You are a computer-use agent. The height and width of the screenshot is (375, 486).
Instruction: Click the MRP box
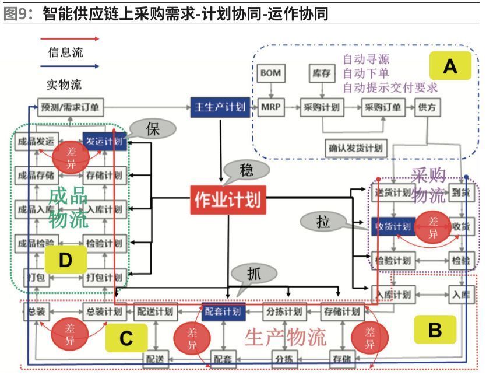[270, 107]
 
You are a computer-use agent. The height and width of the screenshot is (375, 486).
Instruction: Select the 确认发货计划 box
[355, 148]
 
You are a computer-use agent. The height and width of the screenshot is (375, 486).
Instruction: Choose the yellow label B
[435, 331]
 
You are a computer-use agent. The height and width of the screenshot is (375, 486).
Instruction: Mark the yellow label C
[127, 338]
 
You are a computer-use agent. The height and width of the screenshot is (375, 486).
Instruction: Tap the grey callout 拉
[323, 221]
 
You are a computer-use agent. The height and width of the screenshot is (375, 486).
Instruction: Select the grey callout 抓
[253, 273]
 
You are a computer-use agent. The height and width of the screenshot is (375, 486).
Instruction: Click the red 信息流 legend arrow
[71, 39]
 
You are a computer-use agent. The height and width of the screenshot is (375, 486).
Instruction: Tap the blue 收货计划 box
[393, 225]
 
